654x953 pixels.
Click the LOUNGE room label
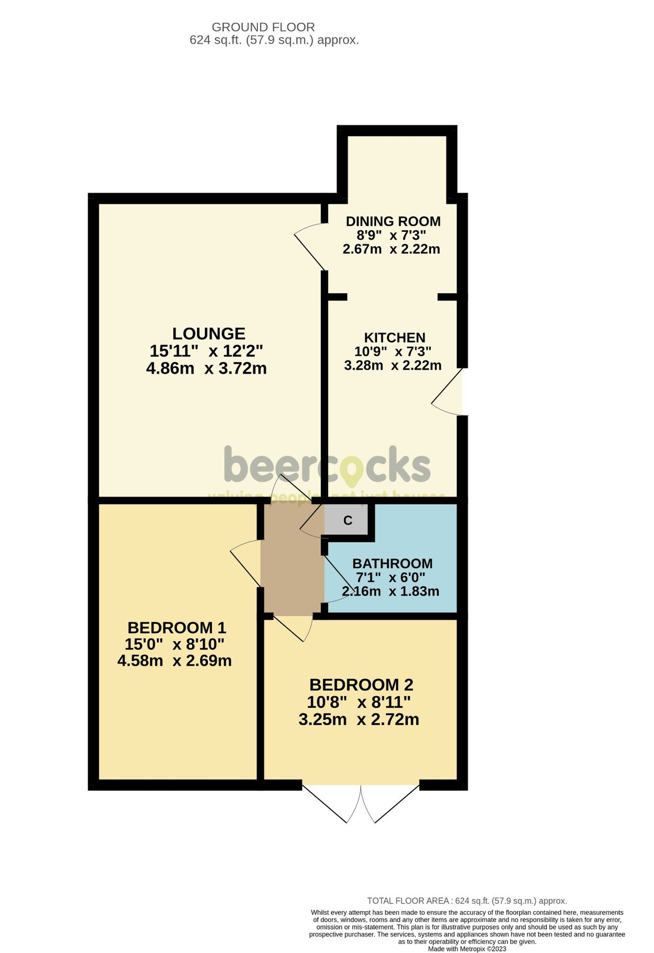(x=209, y=334)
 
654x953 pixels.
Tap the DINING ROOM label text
(x=392, y=221)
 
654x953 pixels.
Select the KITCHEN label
(x=395, y=338)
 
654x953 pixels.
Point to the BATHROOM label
(x=392, y=563)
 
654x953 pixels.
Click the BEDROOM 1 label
(x=176, y=628)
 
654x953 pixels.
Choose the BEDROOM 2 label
(x=361, y=685)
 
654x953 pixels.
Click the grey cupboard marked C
(x=347, y=520)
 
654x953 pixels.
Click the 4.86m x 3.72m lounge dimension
(x=206, y=368)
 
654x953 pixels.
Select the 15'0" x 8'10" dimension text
(x=174, y=644)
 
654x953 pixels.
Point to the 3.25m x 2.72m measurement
(x=359, y=720)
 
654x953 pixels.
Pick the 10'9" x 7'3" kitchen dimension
(x=392, y=351)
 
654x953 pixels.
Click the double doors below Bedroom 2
(x=361, y=804)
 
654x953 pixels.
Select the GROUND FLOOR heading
(x=263, y=27)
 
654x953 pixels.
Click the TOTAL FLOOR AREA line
(x=467, y=901)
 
